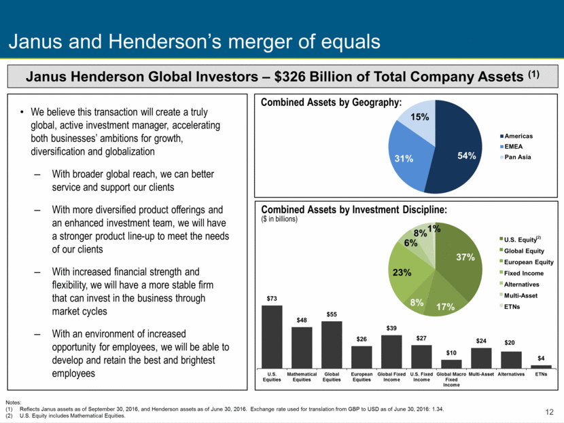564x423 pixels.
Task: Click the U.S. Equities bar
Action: tap(272, 337)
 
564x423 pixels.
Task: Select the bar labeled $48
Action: tap(302, 348)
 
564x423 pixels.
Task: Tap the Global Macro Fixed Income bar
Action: tap(451, 364)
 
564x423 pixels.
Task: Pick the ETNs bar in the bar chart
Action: tap(541, 367)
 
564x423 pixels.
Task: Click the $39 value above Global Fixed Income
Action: tap(391, 328)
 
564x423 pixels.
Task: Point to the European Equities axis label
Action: tap(362, 377)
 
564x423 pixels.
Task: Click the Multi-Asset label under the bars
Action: tap(481, 374)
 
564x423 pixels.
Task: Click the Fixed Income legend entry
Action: tap(522, 273)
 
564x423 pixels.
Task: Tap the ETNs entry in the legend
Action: tap(510, 307)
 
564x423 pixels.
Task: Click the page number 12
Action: tap(549, 412)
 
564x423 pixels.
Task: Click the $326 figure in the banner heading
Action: tap(289, 77)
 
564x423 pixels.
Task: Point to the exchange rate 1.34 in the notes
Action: tap(439, 409)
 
